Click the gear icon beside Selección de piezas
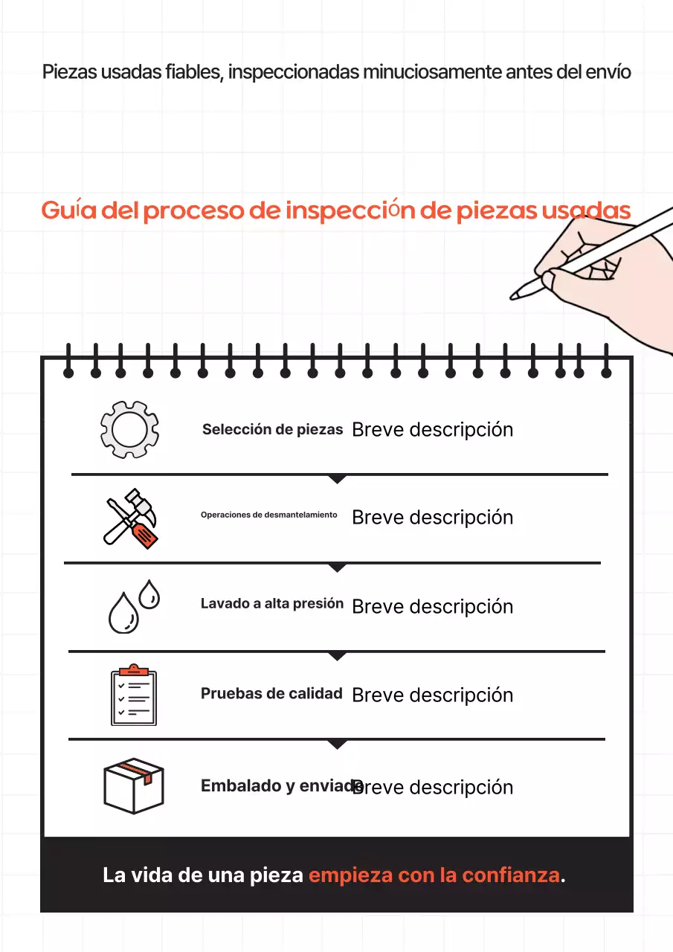129,429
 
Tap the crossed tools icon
129,518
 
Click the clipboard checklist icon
133,695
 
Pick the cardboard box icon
133,785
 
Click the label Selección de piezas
272,430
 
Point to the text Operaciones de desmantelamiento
268,515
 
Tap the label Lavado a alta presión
271,604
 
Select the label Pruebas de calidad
271,694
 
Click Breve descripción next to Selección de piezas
432,430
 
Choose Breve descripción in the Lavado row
432,607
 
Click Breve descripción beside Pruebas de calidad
432,695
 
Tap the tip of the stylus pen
514,296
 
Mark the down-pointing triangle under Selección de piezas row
338,480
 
